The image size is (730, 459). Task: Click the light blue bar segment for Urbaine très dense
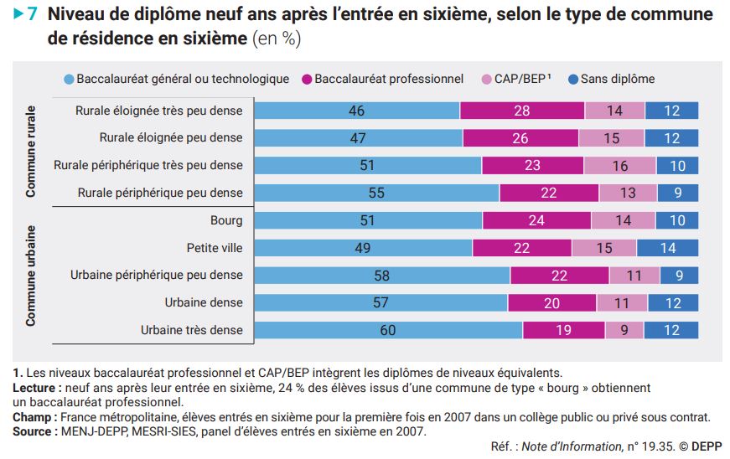(388, 330)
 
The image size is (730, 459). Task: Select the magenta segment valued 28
(522, 111)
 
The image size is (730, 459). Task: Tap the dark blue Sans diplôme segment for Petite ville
(667, 248)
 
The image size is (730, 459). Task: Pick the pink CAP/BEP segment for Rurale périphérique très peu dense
(620, 166)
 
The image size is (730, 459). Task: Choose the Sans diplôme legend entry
(611, 79)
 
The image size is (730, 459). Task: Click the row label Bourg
(226, 221)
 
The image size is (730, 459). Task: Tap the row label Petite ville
(214, 248)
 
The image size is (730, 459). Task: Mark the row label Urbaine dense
(204, 302)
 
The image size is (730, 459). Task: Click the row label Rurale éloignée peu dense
(171, 137)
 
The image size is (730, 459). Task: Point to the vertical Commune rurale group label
(31, 152)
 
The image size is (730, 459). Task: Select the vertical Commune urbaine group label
(31, 275)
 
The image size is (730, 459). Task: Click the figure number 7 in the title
(33, 15)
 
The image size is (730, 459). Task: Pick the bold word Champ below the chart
(31, 416)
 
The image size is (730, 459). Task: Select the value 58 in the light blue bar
(382, 276)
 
